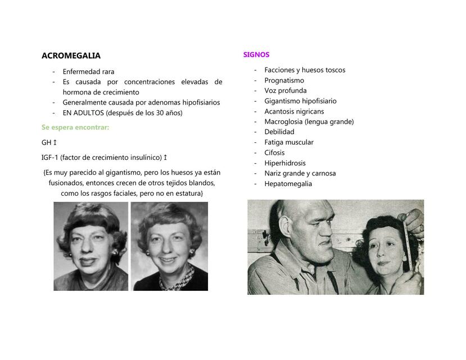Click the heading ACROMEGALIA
pyautogui.click(x=71, y=56)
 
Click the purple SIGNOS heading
pyautogui.click(x=256, y=55)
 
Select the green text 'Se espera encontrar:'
pyautogui.click(x=75, y=128)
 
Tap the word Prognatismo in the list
pyautogui.click(x=284, y=80)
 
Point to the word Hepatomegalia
pyautogui.click(x=288, y=184)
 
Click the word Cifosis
pyautogui.click(x=275, y=153)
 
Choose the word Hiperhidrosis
pyautogui.click(x=285, y=163)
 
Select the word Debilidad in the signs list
pyautogui.click(x=279, y=132)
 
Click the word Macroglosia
pyautogui.click(x=284, y=121)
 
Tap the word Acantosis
pyautogui.click(x=279, y=111)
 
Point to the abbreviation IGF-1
pyautogui.click(x=50, y=157)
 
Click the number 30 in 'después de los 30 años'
pyautogui.click(x=161, y=112)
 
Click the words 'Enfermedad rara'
pyautogui.click(x=88, y=71)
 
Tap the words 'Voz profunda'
pyautogui.click(x=286, y=91)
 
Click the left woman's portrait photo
pyautogui.click(x=91, y=246)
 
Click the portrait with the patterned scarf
pyautogui.click(x=169, y=246)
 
